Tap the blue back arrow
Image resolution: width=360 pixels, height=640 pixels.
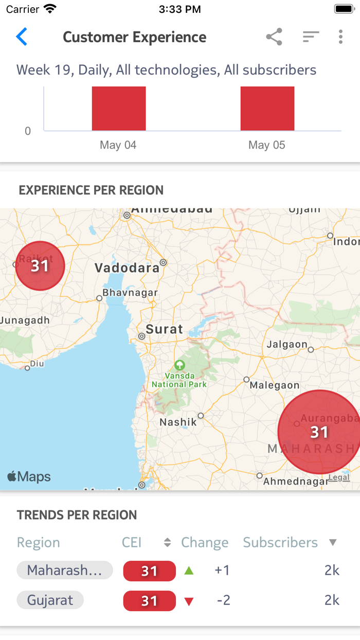coord(22,37)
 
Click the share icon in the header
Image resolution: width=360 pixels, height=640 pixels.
coord(274,37)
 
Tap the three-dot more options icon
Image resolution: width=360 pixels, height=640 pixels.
coord(340,37)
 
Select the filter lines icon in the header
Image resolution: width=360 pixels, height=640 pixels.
coord(311,37)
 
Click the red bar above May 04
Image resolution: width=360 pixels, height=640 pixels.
coord(119,109)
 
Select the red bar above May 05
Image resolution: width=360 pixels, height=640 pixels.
coord(267,109)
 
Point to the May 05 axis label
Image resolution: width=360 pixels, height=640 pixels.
coord(266,145)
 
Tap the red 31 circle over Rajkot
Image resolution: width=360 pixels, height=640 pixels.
coord(40,266)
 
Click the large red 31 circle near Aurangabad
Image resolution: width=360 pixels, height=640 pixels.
coord(319,432)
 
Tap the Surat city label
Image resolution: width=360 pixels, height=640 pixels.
coord(164,329)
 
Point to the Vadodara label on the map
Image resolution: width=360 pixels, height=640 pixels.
coord(127,268)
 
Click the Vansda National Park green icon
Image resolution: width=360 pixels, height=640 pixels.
coord(179,365)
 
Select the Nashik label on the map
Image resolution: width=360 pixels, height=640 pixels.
coord(178,422)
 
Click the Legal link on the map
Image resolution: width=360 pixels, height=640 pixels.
coord(339,477)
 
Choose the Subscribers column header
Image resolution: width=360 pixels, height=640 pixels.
coord(280,542)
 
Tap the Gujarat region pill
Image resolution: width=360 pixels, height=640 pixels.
coord(50,600)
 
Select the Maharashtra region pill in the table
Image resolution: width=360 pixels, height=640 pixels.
coord(65,570)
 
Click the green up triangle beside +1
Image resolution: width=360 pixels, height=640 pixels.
coord(189,571)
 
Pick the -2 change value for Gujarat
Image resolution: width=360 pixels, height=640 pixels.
coord(223,600)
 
